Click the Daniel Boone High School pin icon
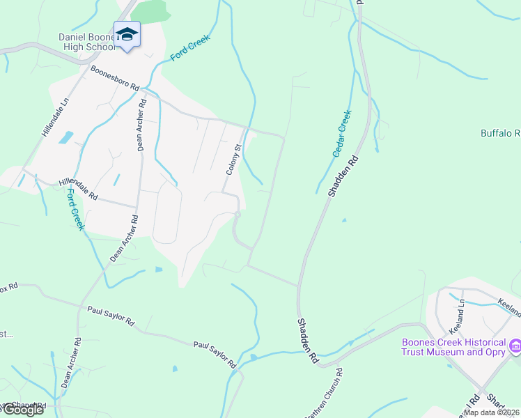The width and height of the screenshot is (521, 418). coord(127,35)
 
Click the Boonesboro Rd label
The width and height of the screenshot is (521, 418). coord(115,78)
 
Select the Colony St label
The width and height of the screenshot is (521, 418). coord(233,159)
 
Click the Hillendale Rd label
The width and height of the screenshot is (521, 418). coord(79,189)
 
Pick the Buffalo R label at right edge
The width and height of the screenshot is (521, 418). coord(500,132)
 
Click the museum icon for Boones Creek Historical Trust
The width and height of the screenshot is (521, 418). coord(515,345)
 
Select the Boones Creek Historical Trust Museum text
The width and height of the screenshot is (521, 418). coord(453,347)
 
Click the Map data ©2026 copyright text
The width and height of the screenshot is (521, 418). coord(492,412)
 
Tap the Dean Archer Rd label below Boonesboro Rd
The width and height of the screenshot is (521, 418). coord(141,125)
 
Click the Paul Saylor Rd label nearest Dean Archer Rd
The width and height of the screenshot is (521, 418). coord(111,316)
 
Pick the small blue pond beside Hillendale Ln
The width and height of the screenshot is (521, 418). coord(66,137)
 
